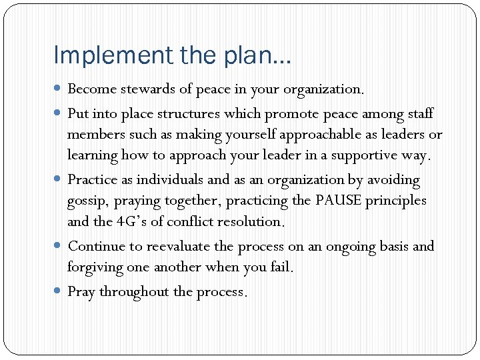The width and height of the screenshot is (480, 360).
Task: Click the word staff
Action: (x=418, y=114)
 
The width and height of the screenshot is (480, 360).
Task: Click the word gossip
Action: (x=85, y=201)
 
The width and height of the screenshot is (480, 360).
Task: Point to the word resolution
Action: (x=251, y=221)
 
